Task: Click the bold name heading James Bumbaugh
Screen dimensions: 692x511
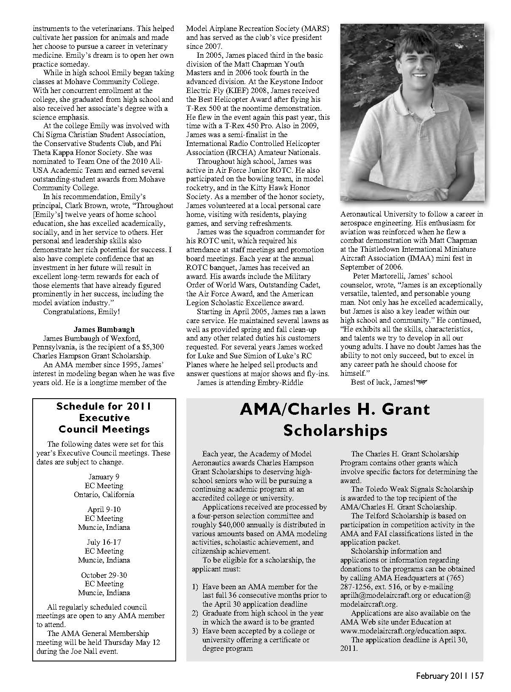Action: pos(104,329)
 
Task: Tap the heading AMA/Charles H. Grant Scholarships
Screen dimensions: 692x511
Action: pos(335,420)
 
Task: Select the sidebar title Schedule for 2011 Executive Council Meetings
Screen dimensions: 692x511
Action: pos(104,418)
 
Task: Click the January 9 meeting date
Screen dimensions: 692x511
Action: pos(104,477)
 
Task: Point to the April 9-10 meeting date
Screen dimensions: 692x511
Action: pos(104,509)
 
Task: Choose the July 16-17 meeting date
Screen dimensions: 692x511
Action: pos(104,542)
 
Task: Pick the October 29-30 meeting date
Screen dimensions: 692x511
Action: pos(104,575)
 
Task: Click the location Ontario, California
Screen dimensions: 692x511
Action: pos(104,495)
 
